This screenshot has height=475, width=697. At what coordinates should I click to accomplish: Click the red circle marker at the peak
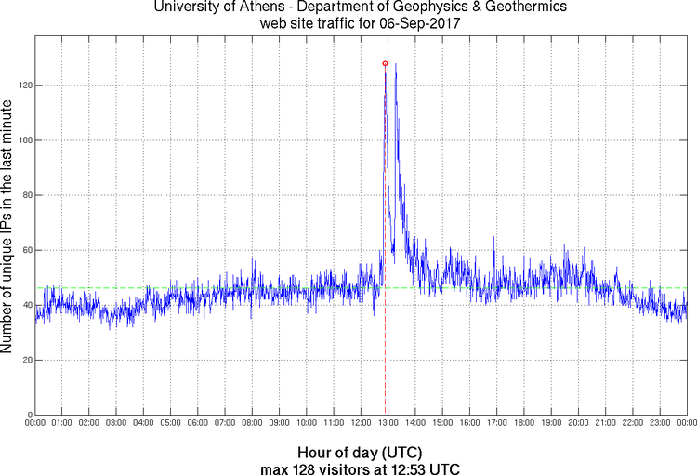point(385,63)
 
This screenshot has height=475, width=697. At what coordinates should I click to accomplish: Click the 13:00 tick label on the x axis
point(388,423)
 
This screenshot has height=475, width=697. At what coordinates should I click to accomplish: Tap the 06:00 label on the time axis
point(198,423)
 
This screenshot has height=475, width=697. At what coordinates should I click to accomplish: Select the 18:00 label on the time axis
point(523,423)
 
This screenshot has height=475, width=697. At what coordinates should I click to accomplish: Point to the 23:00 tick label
point(659,423)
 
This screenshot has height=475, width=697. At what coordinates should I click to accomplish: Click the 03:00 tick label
point(117,423)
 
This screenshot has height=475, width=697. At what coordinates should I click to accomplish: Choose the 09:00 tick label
point(279,423)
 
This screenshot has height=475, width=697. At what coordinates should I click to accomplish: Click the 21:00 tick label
point(605,423)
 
